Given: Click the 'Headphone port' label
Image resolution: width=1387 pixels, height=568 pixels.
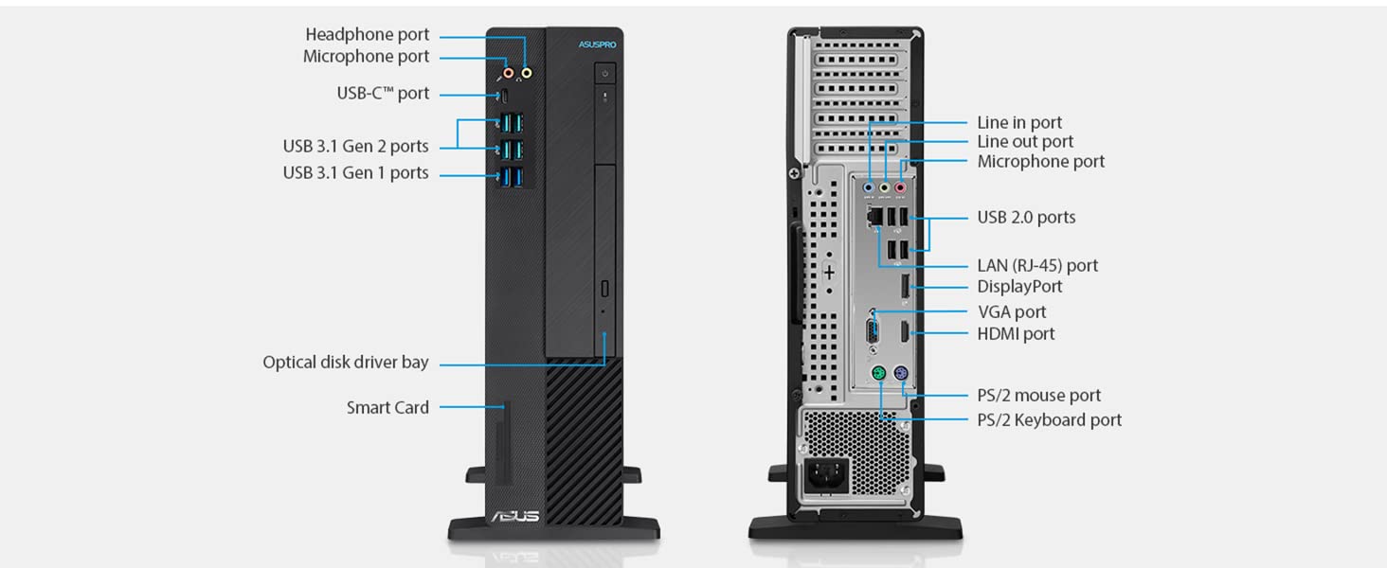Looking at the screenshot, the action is click(x=368, y=35).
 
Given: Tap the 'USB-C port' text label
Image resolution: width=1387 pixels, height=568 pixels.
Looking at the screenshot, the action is click(x=383, y=94).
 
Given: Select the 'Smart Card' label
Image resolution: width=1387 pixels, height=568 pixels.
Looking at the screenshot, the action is click(x=387, y=408).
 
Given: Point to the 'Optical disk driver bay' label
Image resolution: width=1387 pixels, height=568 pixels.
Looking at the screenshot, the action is click(x=346, y=362).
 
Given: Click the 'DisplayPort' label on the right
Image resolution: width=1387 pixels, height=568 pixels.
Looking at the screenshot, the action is click(x=1019, y=287).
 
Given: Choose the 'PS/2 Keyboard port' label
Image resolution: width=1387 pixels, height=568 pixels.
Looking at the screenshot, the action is click(x=1049, y=420).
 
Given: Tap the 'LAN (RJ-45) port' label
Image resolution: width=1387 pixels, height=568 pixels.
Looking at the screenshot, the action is click(x=1037, y=265).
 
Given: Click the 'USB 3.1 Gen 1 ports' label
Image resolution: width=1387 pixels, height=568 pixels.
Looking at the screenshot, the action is click(x=355, y=172).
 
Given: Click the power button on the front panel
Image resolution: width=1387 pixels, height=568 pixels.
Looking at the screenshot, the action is click(x=605, y=73).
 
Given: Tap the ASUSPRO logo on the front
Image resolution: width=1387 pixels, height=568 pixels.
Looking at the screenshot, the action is click(x=598, y=44).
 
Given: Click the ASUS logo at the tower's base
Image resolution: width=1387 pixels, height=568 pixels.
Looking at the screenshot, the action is click(x=515, y=516).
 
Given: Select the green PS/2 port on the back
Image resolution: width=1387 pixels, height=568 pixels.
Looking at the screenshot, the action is click(x=878, y=373).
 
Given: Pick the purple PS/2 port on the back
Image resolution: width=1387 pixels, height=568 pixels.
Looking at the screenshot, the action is click(x=901, y=373).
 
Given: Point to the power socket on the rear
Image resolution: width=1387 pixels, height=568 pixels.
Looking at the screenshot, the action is click(x=826, y=476).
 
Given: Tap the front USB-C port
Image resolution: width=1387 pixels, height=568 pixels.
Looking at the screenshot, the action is click(x=504, y=96).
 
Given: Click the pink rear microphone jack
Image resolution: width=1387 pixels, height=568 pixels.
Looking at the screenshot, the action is click(x=900, y=187).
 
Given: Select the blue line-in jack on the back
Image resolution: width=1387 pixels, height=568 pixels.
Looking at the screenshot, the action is click(x=869, y=187).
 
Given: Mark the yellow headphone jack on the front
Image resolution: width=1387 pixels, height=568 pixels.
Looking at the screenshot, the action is click(x=527, y=73).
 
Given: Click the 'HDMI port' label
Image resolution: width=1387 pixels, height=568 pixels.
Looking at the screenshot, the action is click(x=1016, y=334).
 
